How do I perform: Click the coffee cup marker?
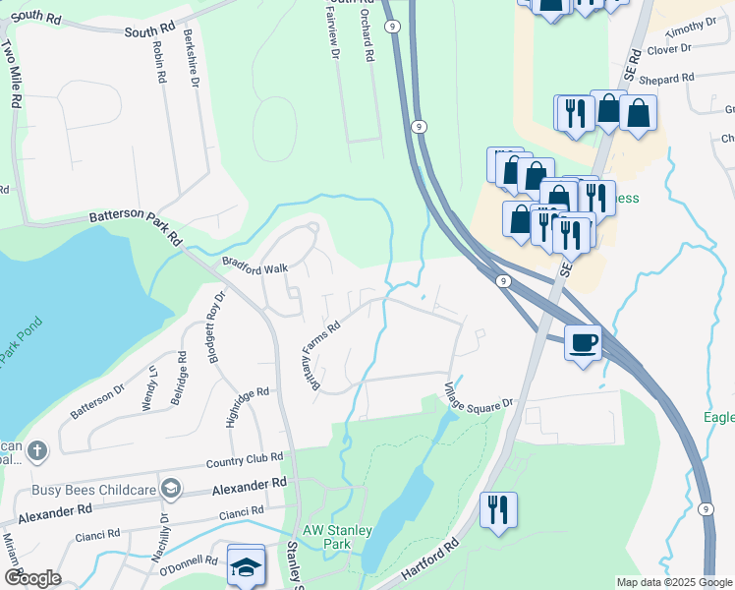[584, 343]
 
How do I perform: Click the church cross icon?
[36, 451]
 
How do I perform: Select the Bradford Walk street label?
[254, 265]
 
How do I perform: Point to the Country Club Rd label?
[245, 459]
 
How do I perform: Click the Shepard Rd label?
[667, 77]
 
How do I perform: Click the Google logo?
[31, 578]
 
